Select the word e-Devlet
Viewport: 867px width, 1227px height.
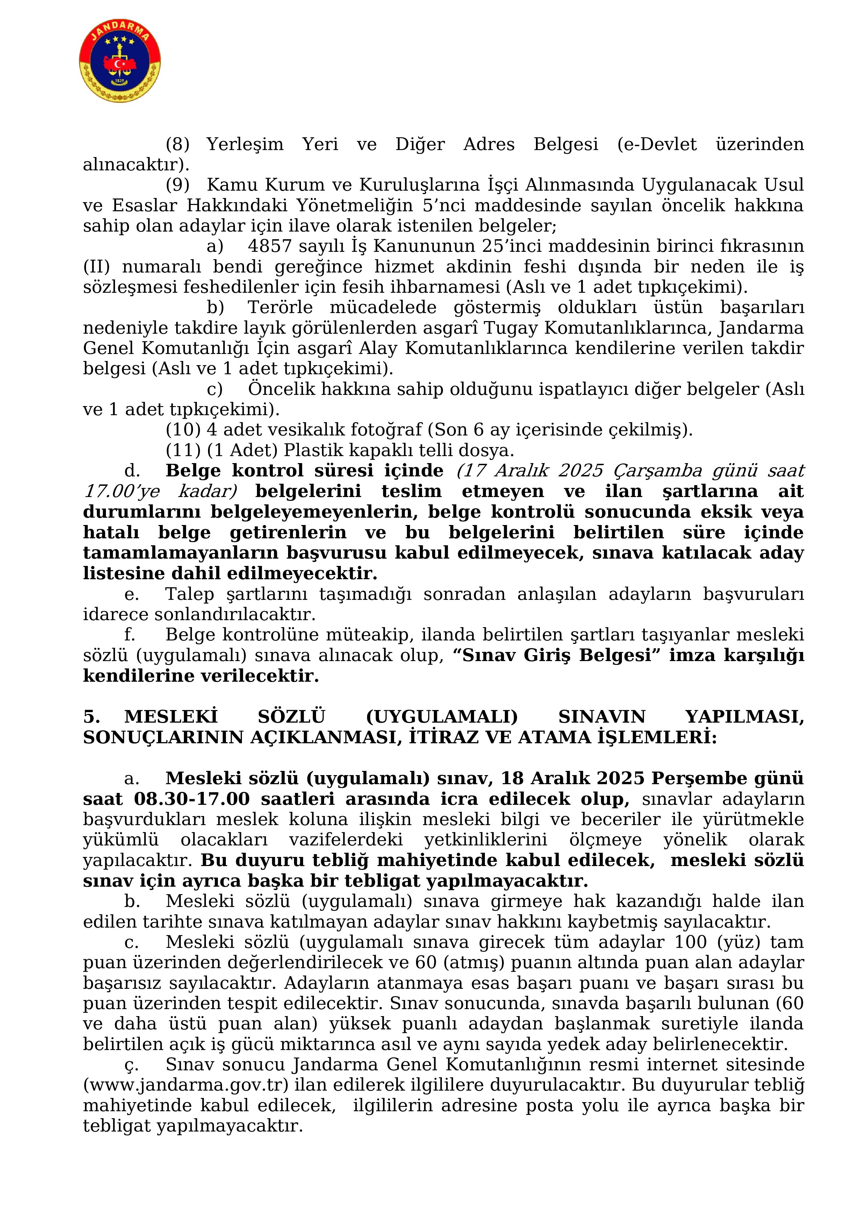pos(657,144)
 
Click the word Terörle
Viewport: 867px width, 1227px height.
pos(280,308)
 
